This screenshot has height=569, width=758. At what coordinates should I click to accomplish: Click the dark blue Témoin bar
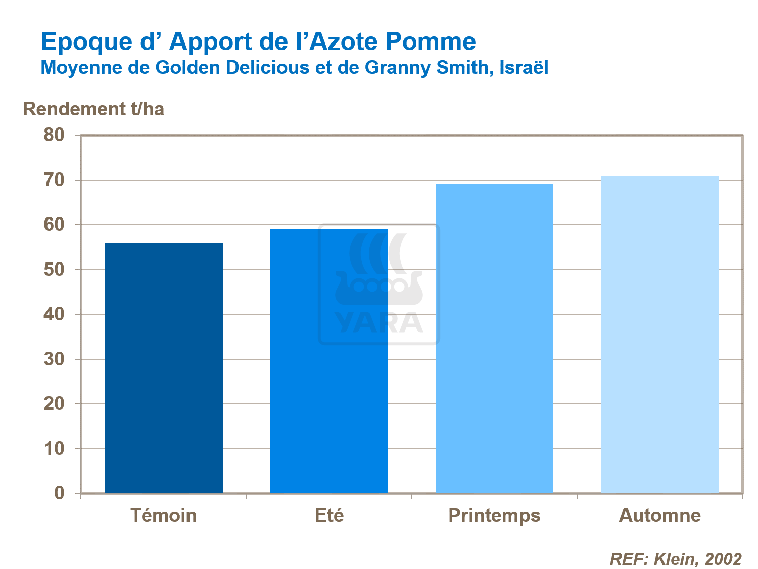[x=163, y=368]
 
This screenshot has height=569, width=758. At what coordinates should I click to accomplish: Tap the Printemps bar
[x=494, y=338]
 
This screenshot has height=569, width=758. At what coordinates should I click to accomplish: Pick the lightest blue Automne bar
[x=659, y=334]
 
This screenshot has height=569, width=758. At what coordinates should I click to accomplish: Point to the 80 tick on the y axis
[x=54, y=135]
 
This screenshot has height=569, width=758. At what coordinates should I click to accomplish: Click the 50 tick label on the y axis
[x=54, y=270]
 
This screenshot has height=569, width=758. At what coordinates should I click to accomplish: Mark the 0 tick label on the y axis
[x=59, y=493]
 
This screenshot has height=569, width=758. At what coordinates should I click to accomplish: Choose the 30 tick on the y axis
[x=54, y=359]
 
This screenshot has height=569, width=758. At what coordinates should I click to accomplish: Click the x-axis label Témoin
[x=163, y=515]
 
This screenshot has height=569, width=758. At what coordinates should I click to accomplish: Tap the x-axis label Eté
[x=329, y=515]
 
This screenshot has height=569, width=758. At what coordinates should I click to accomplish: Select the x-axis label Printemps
[x=494, y=515]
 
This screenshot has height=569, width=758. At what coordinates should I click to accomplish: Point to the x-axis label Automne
[x=659, y=515]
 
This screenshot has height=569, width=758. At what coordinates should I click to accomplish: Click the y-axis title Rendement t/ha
[x=93, y=109]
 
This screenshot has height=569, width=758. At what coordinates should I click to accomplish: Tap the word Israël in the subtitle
[x=524, y=67]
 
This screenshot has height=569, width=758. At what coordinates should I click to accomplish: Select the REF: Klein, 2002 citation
[x=676, y=559]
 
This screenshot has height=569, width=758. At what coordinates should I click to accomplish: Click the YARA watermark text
[x=378, y=323]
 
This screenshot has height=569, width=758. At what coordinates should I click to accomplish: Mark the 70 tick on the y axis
[x=54, y=180]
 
